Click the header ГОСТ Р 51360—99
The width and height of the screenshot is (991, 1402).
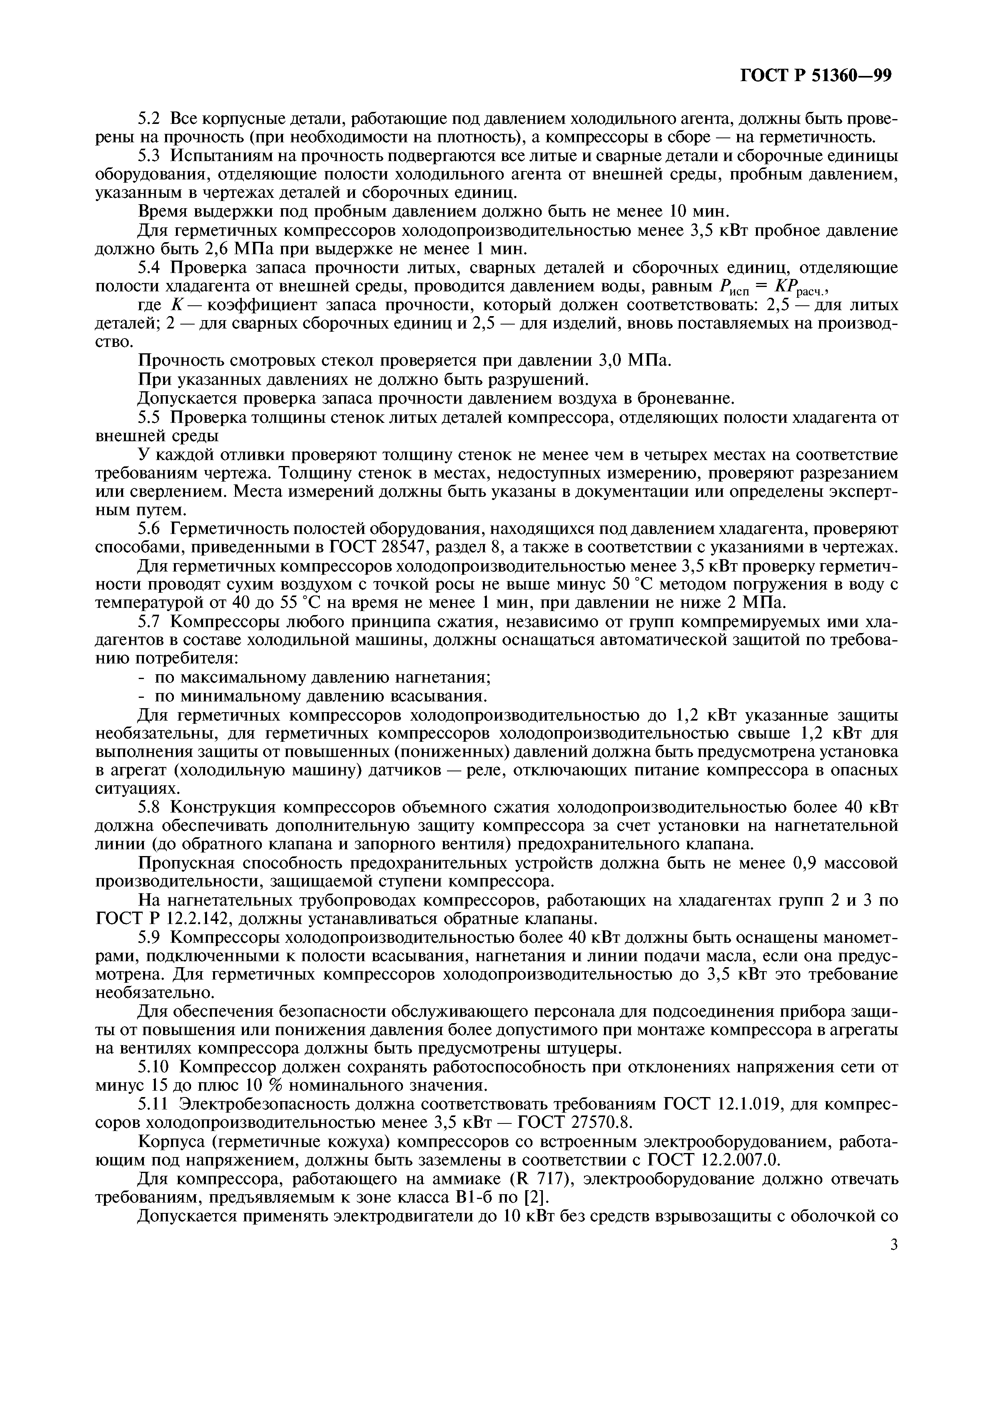816,75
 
